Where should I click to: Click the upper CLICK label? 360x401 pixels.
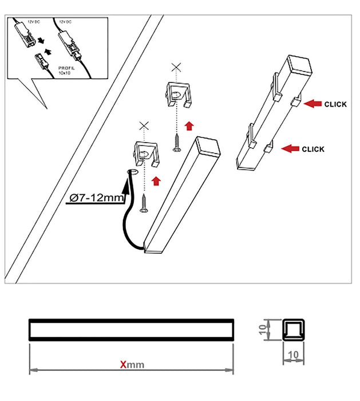tap(335, 105)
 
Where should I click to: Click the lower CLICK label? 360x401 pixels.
tap(312, 150)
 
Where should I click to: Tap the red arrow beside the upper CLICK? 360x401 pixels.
tap(313, 104)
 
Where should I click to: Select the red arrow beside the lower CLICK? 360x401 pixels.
tap(291, 150)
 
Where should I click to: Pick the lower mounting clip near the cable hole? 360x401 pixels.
tap(147, 153)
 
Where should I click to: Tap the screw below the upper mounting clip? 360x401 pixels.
tap(177, 139)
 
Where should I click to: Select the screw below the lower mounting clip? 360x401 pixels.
tap(144, 203)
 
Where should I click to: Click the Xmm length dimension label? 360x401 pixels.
tap(131, 364)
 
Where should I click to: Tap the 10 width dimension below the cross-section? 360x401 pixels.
tap(293, 355)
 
